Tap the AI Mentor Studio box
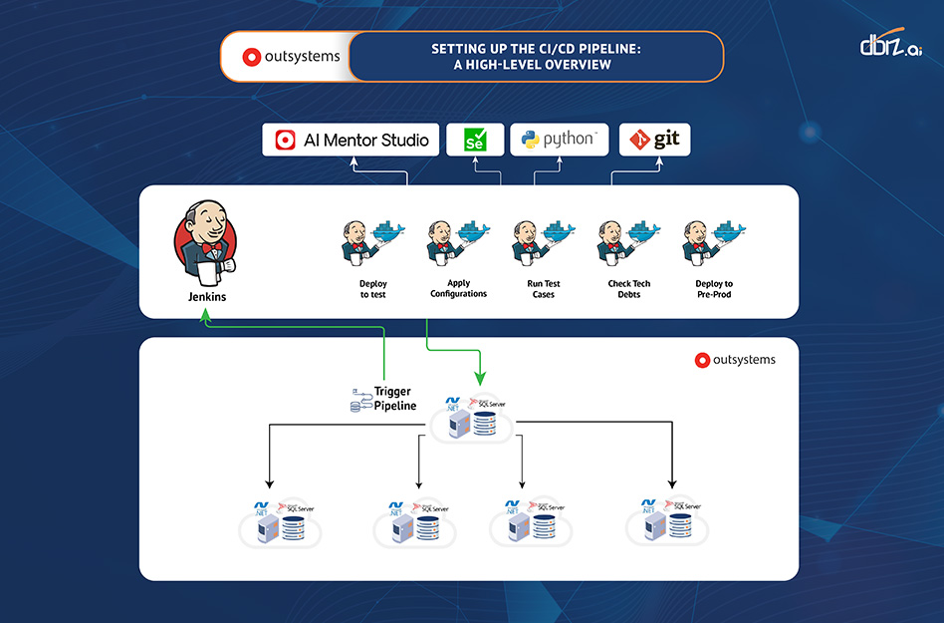tap(352, 141)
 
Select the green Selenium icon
tap(475, 141)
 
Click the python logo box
tap(559, 141)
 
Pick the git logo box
tap(654, 141)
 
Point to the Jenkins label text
tap(207, 297)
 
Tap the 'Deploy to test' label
tap(372, 289)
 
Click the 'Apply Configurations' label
tap(458, 289)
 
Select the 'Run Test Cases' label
tap(544, 289)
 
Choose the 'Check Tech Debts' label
tap(629, 289)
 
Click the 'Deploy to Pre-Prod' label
tap(714, 289)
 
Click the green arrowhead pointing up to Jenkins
tap(205, 314)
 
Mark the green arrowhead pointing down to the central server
tap(479, 378)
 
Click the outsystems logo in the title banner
tap(291, 57)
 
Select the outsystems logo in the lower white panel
tap(735, 360)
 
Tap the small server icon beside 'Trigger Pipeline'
tap(358, 399)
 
